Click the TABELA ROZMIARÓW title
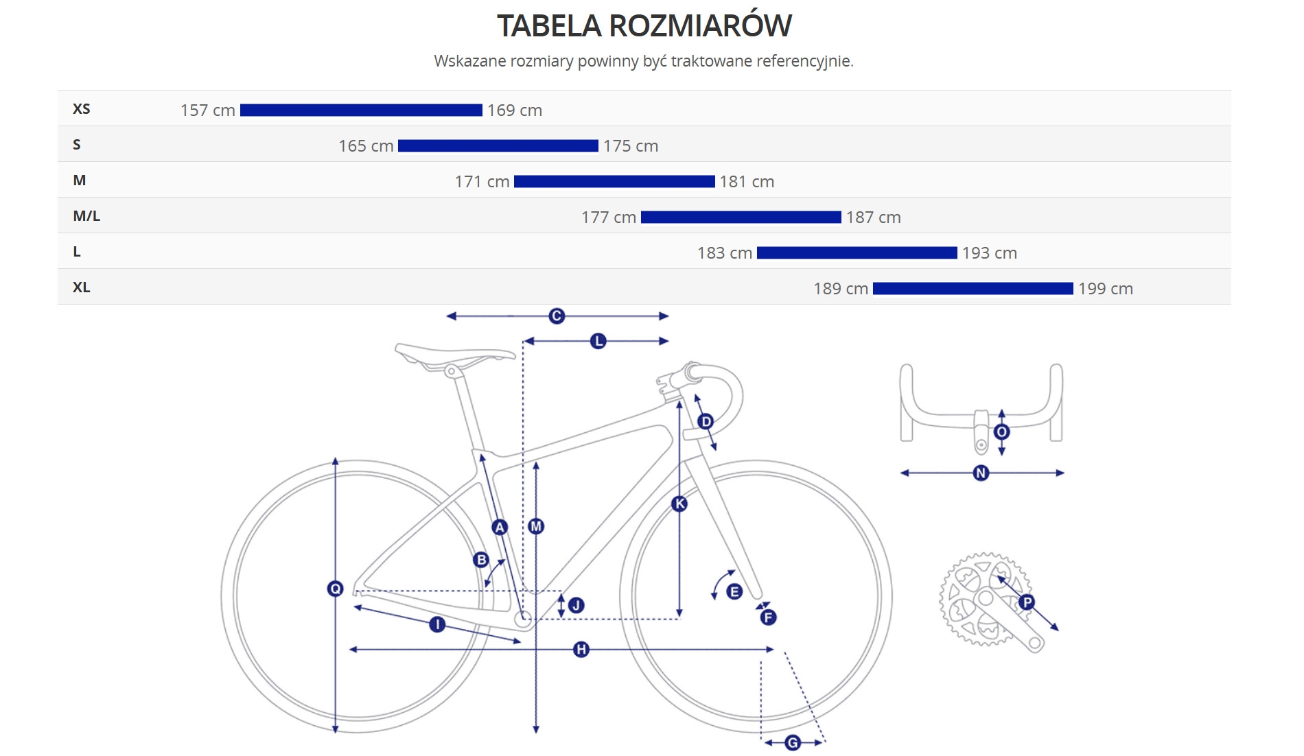[x=644, y=26]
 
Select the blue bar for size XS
[x=361, y=110]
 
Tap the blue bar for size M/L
[x=741, y=217]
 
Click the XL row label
[x=81, y=287]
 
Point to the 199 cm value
[x=1105, y=289]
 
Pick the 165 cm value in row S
[x=366, y=146]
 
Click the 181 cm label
[x=747, y=182]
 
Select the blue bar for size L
[x=857, y=253]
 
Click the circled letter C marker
[x=557, y=316]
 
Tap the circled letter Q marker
[x=335, y=589]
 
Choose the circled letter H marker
[x=581, y=649]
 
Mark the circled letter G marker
[x=793, y=742]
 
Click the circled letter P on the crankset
[x=1027, y=602]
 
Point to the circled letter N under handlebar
[x=981, y=473]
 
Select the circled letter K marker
[x=679, y=504]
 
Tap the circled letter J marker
[x=577, y=605]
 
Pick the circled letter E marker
[x=734, y=591]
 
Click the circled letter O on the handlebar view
[x=1001, y=432]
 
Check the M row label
[x=80, y=180]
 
